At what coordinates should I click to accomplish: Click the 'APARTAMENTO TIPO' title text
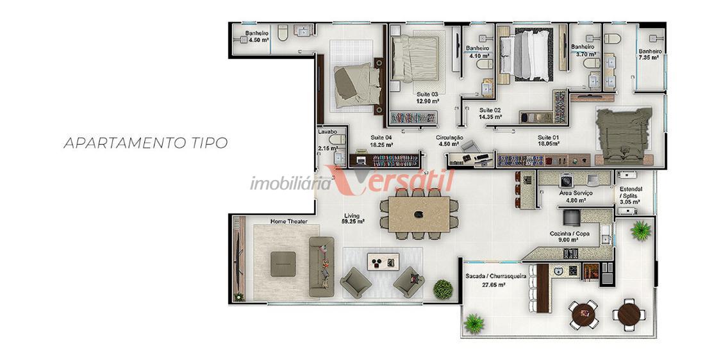coord(145,143)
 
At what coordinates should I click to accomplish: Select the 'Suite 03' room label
coord(427,94)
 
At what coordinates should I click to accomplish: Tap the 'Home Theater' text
coord(288,221)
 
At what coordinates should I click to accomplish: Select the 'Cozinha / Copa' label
coord(570,234)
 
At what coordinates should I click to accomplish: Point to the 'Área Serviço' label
coord(576,193)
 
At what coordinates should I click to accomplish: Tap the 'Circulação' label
coord(449,138)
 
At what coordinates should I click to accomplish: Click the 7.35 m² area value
coord(649,58)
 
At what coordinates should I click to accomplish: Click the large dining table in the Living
coord(419,214)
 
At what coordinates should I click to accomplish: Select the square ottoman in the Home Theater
coord(283,264)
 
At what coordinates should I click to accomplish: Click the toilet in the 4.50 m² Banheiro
coord(283,33)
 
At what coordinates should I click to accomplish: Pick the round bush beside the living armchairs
coord(443,289)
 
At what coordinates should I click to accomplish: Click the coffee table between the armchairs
coord(383,261)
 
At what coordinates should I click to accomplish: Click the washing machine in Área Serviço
coord(566,180)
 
